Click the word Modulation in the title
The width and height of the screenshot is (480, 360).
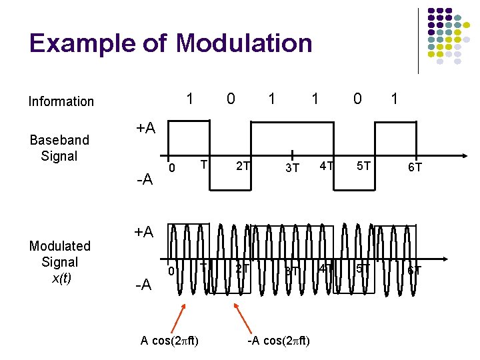244,43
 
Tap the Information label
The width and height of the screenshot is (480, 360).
61,101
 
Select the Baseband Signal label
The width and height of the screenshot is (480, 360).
59,148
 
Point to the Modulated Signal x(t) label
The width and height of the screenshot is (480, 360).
59,262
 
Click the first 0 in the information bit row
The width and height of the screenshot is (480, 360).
230,99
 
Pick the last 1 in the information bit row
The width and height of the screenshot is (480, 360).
395,99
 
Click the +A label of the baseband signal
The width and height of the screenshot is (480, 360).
145,128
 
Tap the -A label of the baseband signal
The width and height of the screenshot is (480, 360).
144,179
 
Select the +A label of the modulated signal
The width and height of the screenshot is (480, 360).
145,232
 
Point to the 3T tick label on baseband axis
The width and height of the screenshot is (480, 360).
292,167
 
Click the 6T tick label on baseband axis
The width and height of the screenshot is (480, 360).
415,167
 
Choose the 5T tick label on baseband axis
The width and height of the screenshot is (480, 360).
363,165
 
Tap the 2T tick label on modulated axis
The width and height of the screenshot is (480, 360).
242,269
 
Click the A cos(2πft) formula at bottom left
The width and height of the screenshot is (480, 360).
169,341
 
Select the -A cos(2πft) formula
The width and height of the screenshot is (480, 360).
279,341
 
